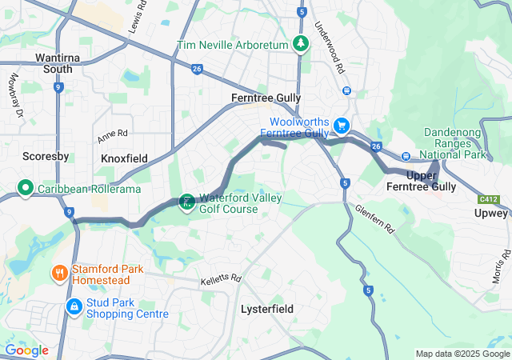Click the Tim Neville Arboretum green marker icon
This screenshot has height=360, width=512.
300,44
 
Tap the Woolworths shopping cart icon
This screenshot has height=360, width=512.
342,125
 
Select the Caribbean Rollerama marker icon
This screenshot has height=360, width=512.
25,189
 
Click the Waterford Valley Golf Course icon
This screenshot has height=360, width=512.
186,201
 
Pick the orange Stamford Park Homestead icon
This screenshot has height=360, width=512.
59,274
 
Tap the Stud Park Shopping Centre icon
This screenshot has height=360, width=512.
74,306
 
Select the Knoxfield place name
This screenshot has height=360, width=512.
124,159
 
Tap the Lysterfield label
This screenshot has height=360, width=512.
267,309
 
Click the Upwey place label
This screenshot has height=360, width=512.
490,214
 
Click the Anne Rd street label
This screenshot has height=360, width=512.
113,134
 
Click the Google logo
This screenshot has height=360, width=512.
26,350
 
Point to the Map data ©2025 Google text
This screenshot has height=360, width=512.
462,354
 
